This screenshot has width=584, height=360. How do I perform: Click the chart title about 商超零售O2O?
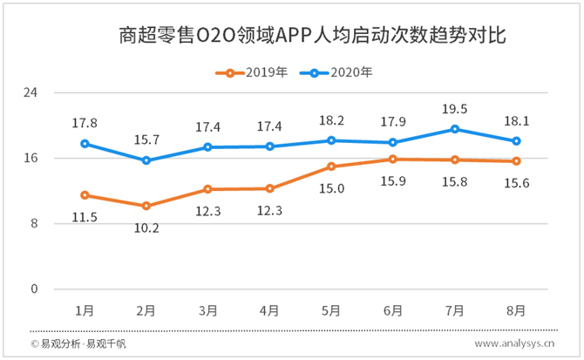pyautogui.click(x=312, y=37)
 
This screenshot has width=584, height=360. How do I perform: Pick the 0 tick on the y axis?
pyautogui.click(x=34, y=289)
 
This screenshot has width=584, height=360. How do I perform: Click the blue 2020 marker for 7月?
pyautogui.click(x=455, y=129)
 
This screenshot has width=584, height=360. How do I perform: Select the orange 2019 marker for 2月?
pyautogui.click(x=146, y=206)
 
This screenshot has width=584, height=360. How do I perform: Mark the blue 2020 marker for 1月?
pyautogui.click(x=85, y=143)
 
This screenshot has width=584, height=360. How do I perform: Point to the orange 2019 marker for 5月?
pyautogui.click(x=331, y=166)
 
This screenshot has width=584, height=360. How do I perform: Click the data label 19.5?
pyautogui.click(x=455, y=109)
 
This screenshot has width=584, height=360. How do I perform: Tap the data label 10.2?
pyautogui.click(x=146, y=228)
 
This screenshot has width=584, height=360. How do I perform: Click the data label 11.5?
pyautogui.click(x=85, y=216)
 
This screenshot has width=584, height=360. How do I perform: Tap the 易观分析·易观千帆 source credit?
pyautogui.click(x=78, y=344)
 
